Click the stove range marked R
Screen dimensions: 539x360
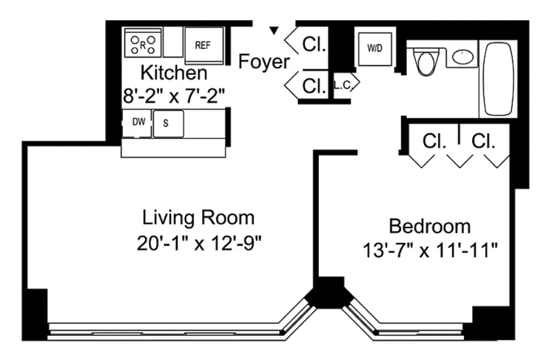(x=143, y=42)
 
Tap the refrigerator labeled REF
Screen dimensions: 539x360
(x=204, y=45)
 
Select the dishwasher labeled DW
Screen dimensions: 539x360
(x=137, y=123)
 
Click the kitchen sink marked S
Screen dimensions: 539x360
(x=168, y=123)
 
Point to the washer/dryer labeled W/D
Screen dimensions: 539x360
(x=375, y=49)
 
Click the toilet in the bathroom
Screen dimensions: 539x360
(x=426, y=61)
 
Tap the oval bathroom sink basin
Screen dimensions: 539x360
(x=463, y=57)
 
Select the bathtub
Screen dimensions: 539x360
(x=499, y=79)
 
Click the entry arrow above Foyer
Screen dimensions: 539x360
(x=273, y=31)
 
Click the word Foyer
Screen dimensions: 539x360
(x=264, y=62)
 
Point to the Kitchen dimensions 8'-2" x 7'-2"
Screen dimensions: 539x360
(x=174, y=96)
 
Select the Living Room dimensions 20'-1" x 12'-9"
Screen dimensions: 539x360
(x=199, y=244)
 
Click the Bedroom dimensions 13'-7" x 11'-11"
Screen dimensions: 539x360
(x=430, y=250)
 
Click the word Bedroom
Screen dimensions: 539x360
(x=430, y=226)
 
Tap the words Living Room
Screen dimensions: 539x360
(x=198, y=218)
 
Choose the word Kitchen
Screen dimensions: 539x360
(x=174, y=73)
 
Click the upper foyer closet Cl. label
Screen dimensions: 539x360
(x=314, y=44)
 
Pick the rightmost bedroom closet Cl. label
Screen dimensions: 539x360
(x=484, y=141)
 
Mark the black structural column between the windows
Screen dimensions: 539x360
(x=329, y=293)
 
